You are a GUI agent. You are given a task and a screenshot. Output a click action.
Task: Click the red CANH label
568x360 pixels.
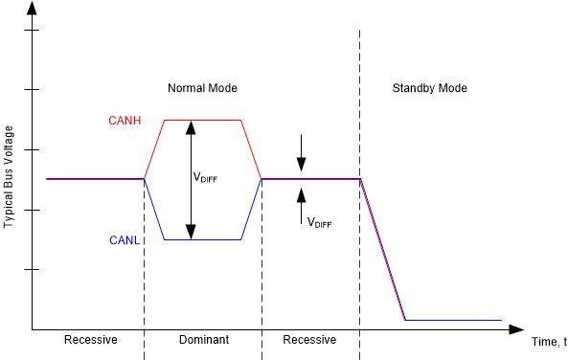click(x=125, y=120)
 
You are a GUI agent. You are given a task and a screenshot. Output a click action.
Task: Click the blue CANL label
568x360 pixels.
click(x=125, y=241)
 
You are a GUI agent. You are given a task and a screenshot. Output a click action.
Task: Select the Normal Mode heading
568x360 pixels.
click(x=202, y=88)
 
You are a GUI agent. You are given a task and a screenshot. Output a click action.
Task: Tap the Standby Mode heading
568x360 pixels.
click(x=430, y=88)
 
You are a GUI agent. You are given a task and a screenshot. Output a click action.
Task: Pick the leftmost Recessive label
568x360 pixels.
click(x=90, y=340)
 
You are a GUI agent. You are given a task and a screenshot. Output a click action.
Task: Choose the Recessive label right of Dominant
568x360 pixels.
click(x=309, y=340)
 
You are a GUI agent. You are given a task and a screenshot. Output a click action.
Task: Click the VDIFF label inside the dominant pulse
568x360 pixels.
click(x=206, y=178)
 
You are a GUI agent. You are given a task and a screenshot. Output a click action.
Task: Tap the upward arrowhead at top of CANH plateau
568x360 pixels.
click(x=191, y=126)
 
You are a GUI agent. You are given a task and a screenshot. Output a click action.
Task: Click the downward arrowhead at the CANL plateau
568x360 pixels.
click(x=191, y=233)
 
